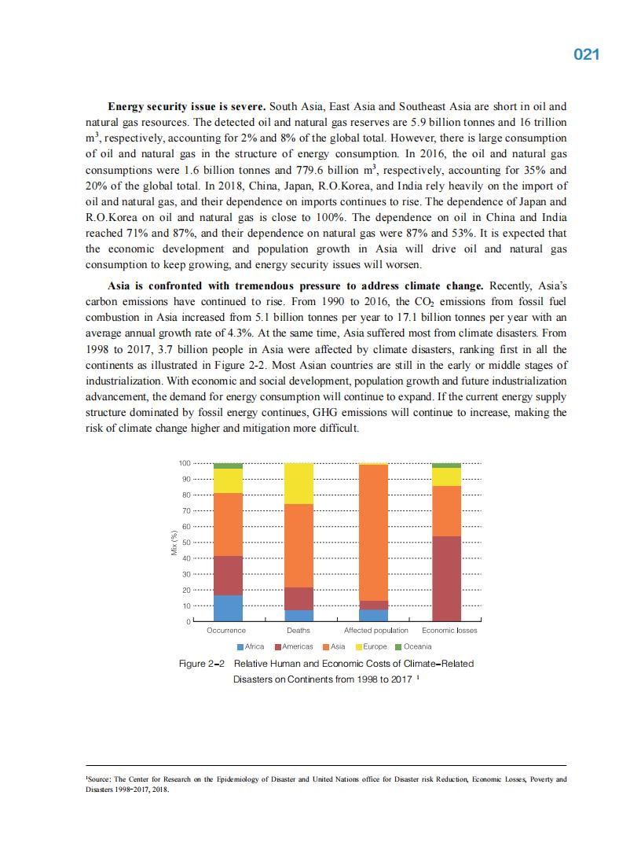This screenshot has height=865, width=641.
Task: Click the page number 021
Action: (587, 54)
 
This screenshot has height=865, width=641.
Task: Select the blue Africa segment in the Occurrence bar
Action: (228, 608)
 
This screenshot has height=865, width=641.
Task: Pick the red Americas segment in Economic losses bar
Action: (446, 578)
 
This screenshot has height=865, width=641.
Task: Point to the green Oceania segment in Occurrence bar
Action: (228, 466)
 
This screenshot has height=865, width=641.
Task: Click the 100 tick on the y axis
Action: (185, 463)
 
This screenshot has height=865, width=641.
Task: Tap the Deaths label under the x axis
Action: (299, 631)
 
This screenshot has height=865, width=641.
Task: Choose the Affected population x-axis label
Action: (376, 631)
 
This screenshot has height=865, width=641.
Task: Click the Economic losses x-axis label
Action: (449, 631)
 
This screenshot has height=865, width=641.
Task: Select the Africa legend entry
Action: (251, 646)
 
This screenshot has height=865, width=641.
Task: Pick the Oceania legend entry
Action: (413, 646)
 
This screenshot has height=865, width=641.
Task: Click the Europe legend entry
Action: (370, 646)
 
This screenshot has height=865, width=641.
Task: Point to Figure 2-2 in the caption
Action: (202, 664)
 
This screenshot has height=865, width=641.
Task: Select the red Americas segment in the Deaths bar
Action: (299, 598)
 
